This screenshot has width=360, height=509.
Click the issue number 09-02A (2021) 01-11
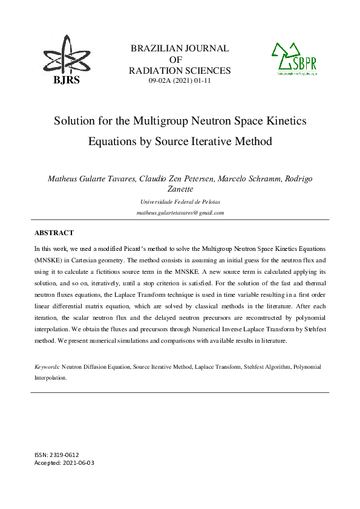pyautogui.click(x=180, y=80)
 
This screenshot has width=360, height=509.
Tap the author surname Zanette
pyautogui.click(x=180, y=189)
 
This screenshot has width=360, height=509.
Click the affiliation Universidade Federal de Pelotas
pyautogui.click(x=180, y=201)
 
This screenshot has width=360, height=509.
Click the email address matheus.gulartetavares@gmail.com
pyautogui.click(x=180, y=213)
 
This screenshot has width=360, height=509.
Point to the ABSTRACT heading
pyautogui.click(x=54, y=233)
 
